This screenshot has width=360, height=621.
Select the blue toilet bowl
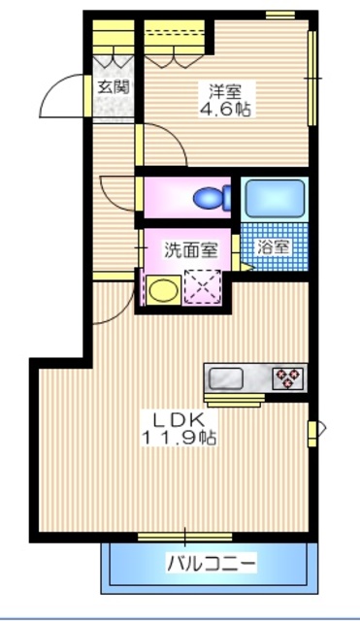point(211,199)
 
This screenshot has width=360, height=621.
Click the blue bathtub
point(275,197)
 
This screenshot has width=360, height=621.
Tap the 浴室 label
point(274,245)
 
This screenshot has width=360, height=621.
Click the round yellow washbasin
point(161,288)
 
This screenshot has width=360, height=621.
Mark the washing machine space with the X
point(205,286)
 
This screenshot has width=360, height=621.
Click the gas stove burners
point(288,376)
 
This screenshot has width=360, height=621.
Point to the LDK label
point(175,420)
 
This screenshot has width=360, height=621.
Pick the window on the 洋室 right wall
point(312,78)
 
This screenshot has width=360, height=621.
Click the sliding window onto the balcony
point(184,536)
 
